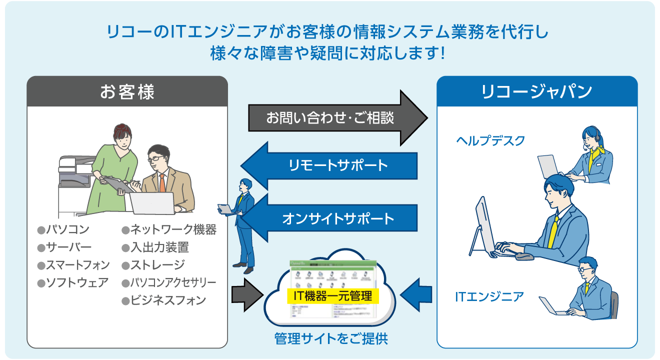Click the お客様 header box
pyautogui.click(x=127, y=91)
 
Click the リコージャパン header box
pyautogui.click(x=537, y=91)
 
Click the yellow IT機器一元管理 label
pyautogui.click(x=332, y=296)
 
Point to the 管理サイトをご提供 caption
pyautogui.click(x=331, y=338)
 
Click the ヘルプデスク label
pyautogui.click(x=490, y=140)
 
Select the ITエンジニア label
pyautogui.click(x=489, y=297)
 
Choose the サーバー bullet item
pyautogui.click(x=64, y=247)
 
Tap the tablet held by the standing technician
pyautogui.click(x=225, y=208)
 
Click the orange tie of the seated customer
pyautogui.click(x=162, y=183)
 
